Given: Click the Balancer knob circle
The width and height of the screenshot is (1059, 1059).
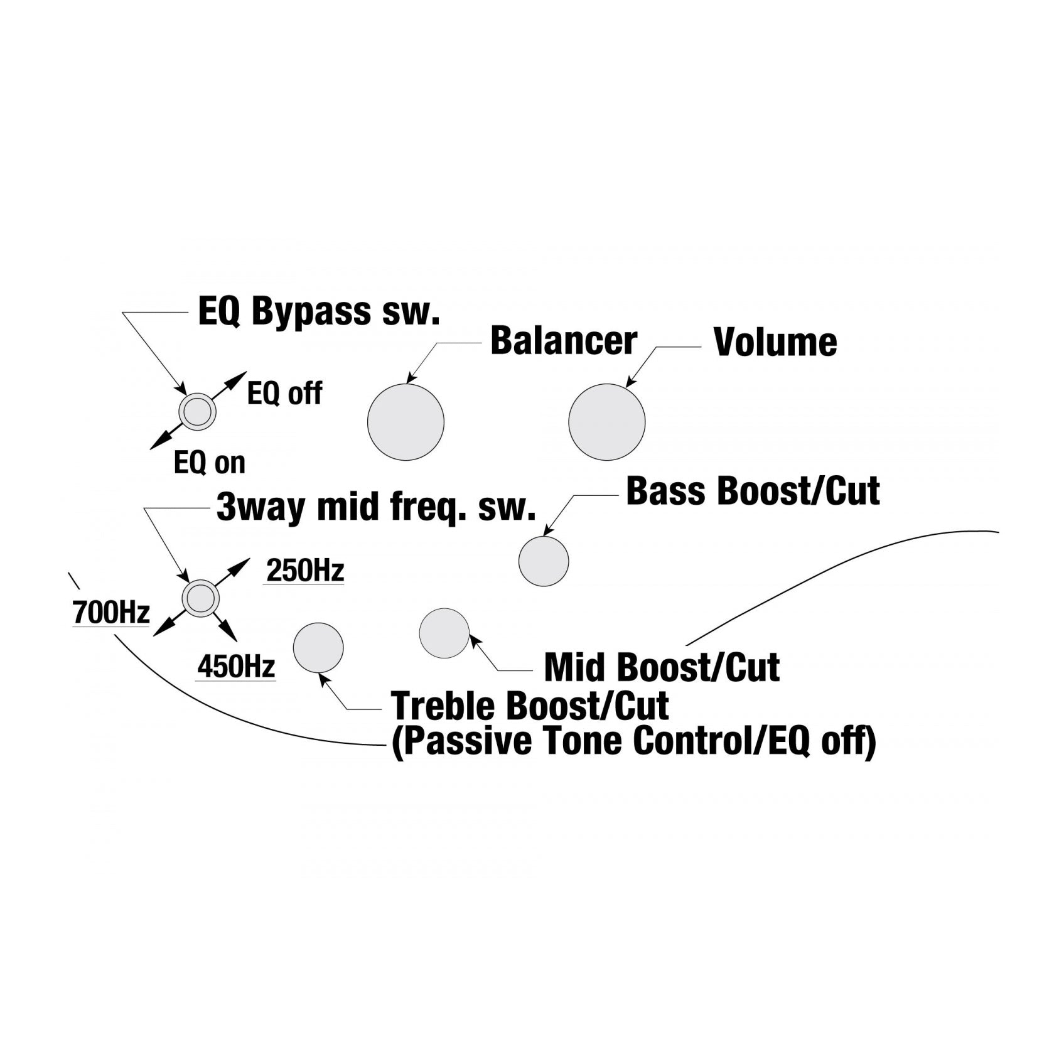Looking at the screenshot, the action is click(x=406, y=422).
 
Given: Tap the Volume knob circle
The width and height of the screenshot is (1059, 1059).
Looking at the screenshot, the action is click(x=607, y=422).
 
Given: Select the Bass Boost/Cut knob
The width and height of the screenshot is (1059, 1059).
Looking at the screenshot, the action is click(x=544, y=561).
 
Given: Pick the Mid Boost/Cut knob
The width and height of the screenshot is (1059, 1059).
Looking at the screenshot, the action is click(x=444, y=633).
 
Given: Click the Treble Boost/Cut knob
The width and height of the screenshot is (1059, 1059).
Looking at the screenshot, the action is click(x=318, y=648).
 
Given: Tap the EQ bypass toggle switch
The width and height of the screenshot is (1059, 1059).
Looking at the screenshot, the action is click(x=198, y=412).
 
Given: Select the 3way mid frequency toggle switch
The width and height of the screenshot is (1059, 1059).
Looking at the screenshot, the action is click(x=201, y=598).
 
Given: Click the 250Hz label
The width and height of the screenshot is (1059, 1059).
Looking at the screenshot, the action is click(x=305, y=571).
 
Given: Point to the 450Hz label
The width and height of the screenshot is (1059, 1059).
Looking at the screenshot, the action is click(x=236, y=667).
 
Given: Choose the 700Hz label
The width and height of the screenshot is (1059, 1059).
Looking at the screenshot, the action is click(x=111, y=613).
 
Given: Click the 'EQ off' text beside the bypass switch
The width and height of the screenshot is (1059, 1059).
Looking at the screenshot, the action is click(x=285, y=394).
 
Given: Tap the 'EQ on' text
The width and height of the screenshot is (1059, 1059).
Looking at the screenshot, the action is click(x=210, y=463).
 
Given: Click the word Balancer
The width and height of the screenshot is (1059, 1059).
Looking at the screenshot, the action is click(x=564, y=341).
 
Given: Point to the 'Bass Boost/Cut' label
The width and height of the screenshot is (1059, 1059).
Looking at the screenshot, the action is click(x=753, y=491).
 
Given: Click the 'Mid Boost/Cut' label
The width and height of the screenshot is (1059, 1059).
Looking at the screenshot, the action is click(x=662, y=667).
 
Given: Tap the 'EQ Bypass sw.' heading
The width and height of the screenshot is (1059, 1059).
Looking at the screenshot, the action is click(x=319, y=312).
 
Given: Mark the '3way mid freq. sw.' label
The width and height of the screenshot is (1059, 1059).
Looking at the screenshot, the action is click(x=376, y=507).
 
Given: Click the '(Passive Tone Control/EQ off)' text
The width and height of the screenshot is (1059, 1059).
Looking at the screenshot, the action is click(x=633, y=742).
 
